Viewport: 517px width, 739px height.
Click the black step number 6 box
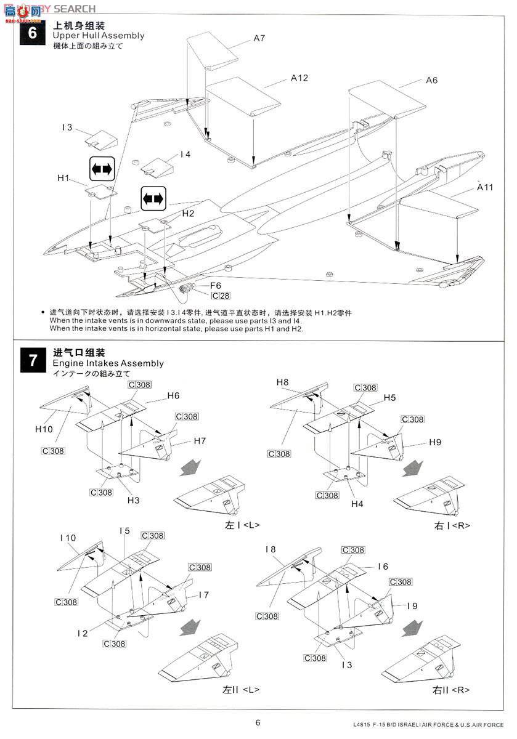pyautogui.click(x=33, y=31)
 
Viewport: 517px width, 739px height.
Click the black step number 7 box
pyautogui.click(x=33, y=360)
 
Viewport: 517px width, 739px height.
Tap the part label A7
pyautogui.click(x=259, y=38)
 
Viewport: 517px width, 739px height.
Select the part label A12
pyautogui.click(x=299, y=78)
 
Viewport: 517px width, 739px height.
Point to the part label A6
pyautogui.click(x=431, y=80)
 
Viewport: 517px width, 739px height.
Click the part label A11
pyautogui.click(x=484, y=187)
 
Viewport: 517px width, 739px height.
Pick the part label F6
pyautogui.click(x=216, y=286)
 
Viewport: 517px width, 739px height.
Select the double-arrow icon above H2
pyautogui.click(x=153, y=198)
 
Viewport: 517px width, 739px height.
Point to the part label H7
pyautogui.click(x=200, y=441)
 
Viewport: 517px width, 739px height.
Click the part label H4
pyautogui.click(x=357, y=504)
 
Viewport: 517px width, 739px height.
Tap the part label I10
pyautogui.click(x=68, y=538)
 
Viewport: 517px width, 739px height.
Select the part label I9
pyautogui.click(x=412, y=606)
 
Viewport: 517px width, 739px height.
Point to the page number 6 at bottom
pyautogui.click(x=258, y=723)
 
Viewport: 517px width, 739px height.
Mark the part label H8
pyautogui.click(x=282, y=382)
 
